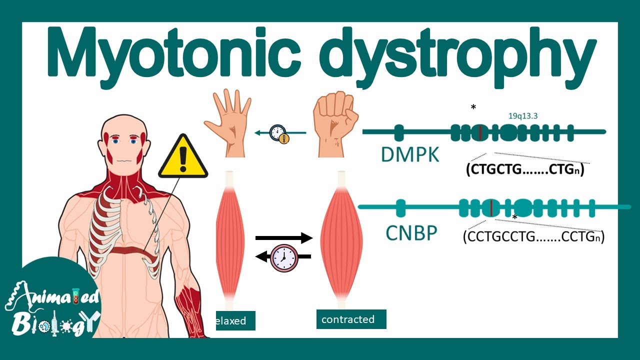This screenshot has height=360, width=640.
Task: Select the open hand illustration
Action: [227, 123]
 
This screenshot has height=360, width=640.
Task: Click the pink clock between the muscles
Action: [284, 257]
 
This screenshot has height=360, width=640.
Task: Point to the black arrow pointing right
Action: [284, 237]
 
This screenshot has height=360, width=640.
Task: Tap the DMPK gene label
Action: [410, 155]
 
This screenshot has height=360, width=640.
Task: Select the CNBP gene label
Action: [411, 233]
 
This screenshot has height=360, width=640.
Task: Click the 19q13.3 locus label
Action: [523, 116]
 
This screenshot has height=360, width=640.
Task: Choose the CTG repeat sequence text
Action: [525, 169]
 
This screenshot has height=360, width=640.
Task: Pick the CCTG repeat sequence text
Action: [533, 237]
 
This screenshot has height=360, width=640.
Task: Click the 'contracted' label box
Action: [351, 319]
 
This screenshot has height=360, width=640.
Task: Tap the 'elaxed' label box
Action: [235, 320]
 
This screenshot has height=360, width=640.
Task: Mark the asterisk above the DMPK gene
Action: [473, 107]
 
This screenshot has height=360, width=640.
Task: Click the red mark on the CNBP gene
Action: [490, 208]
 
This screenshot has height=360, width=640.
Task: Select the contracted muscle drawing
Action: [341, 239]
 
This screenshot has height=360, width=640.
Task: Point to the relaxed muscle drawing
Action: [230, 239]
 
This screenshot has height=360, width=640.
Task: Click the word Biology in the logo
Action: [54, 325]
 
